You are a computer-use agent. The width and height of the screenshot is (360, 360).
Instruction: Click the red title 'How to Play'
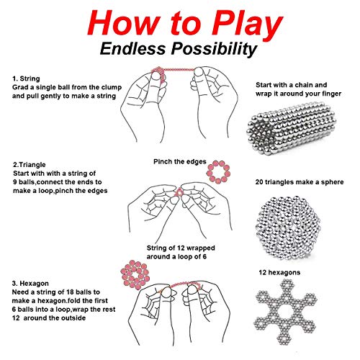click(x=179, y=22)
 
